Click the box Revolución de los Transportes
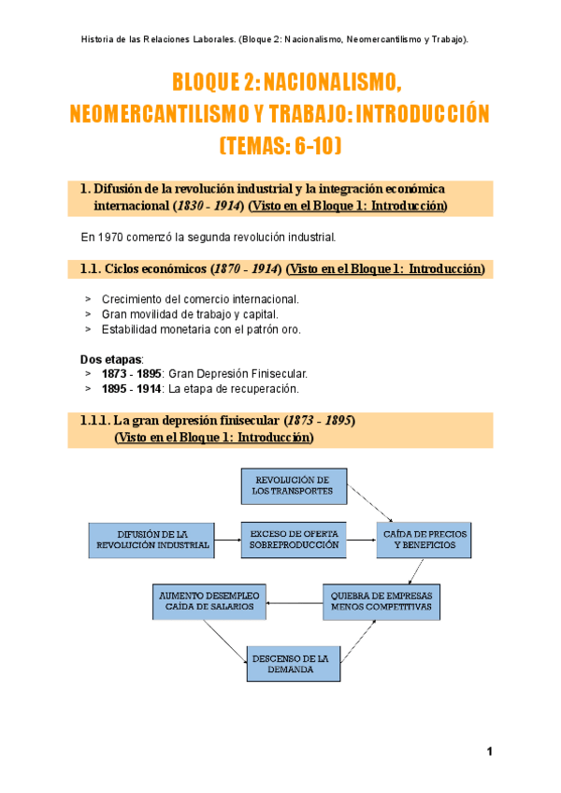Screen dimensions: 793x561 coord(293,485)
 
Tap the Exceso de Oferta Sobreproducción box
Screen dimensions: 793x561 coord(293,539)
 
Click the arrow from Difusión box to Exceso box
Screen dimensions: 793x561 coord(227,540)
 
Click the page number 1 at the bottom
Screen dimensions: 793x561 coord(488,753)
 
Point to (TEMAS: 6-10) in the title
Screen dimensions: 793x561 coord(280,146)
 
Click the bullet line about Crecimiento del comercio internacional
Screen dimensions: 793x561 coord(200,299)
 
